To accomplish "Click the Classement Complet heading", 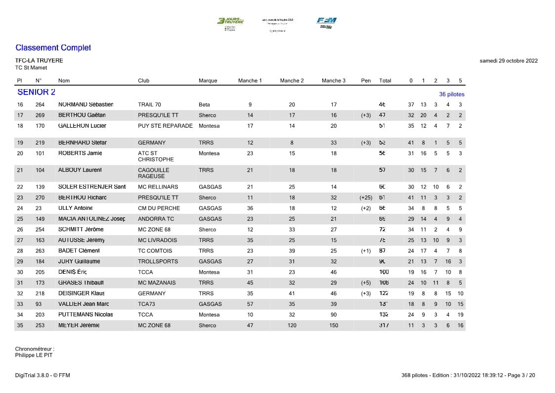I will (x=53, y=48).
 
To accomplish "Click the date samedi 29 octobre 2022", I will (x=509, y=61).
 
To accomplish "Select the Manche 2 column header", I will (x=292, y=81).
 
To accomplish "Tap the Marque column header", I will (x=208, y=81).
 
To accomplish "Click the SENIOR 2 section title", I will (x=36, y=92).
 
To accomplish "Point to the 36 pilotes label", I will (x=452, y=94).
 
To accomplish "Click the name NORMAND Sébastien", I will (x=85, y=104).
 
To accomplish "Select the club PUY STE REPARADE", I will (x=165, y=126).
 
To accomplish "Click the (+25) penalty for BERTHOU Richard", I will (x=366, y=197).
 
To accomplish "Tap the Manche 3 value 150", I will (x=334, y=325).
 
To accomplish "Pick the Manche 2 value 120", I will (x=292, y=325).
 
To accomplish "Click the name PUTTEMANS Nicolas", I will (x=85, y=314).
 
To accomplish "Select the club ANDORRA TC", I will (x=156, y=219).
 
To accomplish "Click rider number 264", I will (x=40, y=104).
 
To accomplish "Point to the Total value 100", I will (x=384, y=272).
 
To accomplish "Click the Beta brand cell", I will (x=204, y=104).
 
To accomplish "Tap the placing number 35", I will (x=20, y=325).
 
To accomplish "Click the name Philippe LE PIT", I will (x=34, y=355).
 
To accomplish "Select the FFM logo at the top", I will (x=326, y=22).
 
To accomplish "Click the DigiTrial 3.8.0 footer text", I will (x=43, y=375).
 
